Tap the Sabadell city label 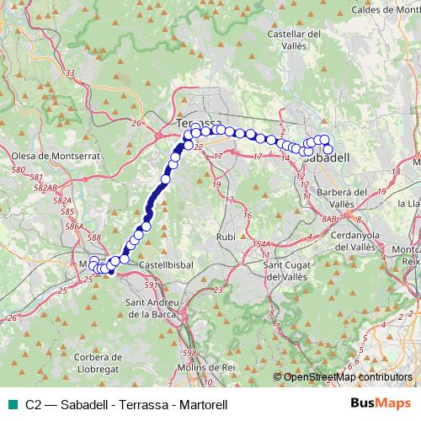pyautogui.click(x=325, y=157)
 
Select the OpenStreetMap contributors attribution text pyautogui.click(x=348, y=378)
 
